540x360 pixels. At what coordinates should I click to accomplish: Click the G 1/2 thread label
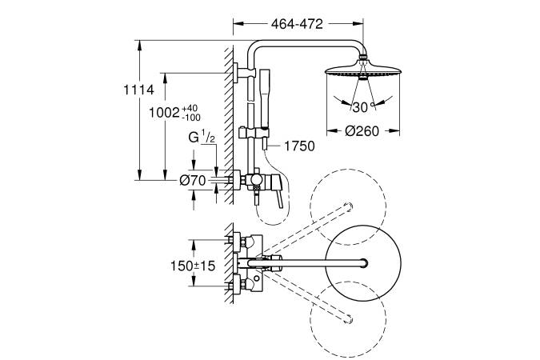coord(202,138)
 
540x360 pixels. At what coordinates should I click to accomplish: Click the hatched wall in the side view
coord(228,120)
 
